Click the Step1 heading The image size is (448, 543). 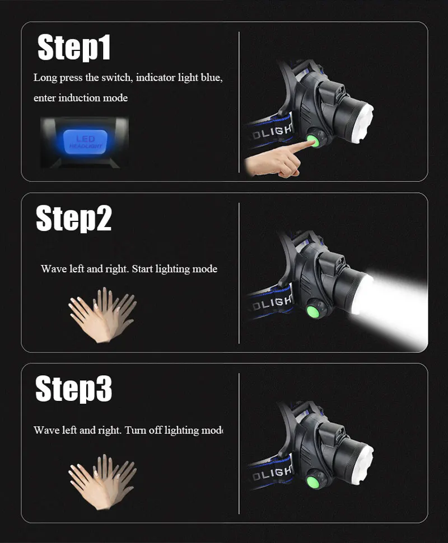click(x=74, y=48)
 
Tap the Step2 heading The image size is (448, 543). click(x=73, y=218)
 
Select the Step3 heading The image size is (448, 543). click(x=73, y=389)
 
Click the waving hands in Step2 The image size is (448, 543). click(x=102, y=315)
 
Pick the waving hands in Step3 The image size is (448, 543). click(x=102, y=482)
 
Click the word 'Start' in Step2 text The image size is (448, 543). click(x=142, y=269)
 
